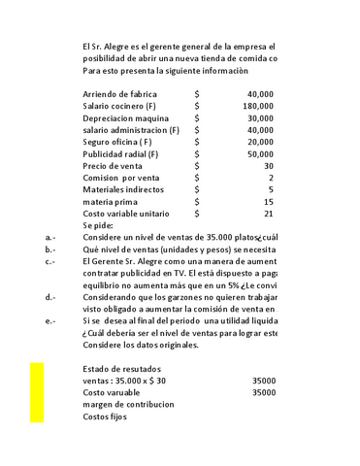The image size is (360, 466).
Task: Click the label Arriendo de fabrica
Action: tap(120, 93)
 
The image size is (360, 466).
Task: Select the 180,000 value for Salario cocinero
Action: tap(257, 106)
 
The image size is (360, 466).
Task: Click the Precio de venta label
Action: tap(116, 166)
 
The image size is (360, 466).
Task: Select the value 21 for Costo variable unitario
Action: tap(269, 214)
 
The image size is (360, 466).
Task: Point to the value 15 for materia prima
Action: tap(269, 202)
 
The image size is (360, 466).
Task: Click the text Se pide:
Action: tap(99, 225)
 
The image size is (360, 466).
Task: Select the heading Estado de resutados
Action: tap(124, 369)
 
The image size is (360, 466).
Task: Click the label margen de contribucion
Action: tap(128, 405)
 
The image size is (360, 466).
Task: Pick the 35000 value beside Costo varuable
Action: tap(262, 393)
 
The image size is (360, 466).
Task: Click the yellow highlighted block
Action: tap(37, 392)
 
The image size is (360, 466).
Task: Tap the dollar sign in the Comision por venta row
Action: tap(197, 178)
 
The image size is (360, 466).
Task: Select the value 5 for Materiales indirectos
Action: tap(271, 190)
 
